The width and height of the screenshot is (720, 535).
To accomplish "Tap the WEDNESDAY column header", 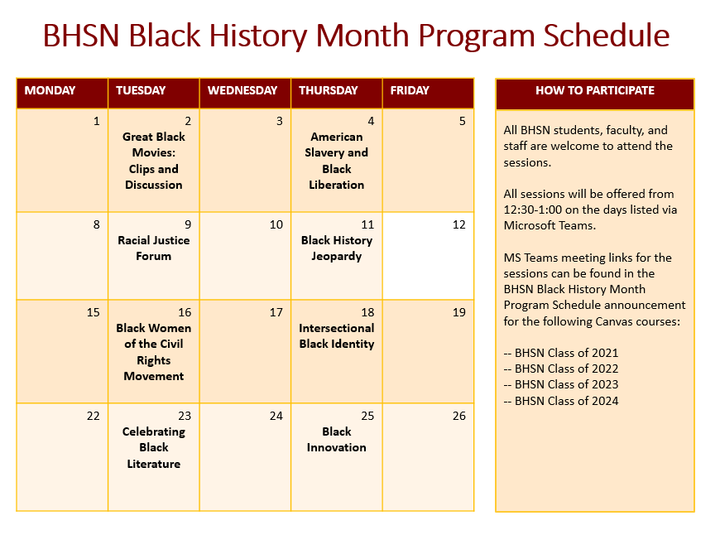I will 242,90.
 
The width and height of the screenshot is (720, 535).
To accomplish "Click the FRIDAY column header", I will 410,90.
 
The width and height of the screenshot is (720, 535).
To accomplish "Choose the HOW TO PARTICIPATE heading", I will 594,90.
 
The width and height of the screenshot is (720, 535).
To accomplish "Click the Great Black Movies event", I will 154,161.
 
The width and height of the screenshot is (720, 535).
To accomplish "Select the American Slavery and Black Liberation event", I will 337,161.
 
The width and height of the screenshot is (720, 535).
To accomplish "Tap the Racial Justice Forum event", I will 154,248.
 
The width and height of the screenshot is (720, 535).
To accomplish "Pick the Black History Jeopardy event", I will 337,248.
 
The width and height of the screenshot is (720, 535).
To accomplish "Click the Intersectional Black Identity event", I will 337,336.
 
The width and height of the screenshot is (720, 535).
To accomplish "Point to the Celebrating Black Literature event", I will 154,447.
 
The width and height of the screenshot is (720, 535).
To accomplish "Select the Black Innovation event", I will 337,440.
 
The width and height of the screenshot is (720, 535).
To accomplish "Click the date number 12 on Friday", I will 458,225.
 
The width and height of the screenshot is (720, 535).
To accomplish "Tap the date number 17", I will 276,313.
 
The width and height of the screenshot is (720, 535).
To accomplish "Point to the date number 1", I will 96,122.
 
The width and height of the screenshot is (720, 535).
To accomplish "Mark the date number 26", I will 458,417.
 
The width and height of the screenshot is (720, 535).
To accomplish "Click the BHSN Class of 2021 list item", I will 561,353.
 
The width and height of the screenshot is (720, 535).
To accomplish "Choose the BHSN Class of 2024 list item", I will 561,401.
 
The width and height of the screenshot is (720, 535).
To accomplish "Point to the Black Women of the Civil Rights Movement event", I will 154,352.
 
